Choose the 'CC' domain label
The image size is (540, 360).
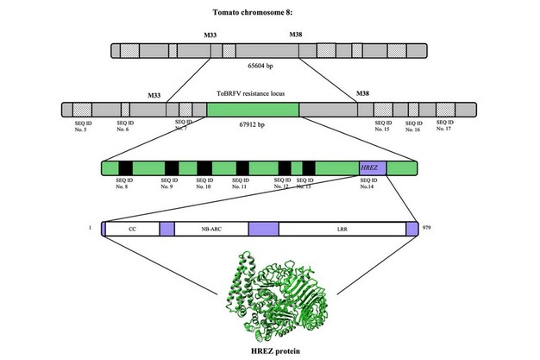(132, 229)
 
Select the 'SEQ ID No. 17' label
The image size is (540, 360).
(445, 125)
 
